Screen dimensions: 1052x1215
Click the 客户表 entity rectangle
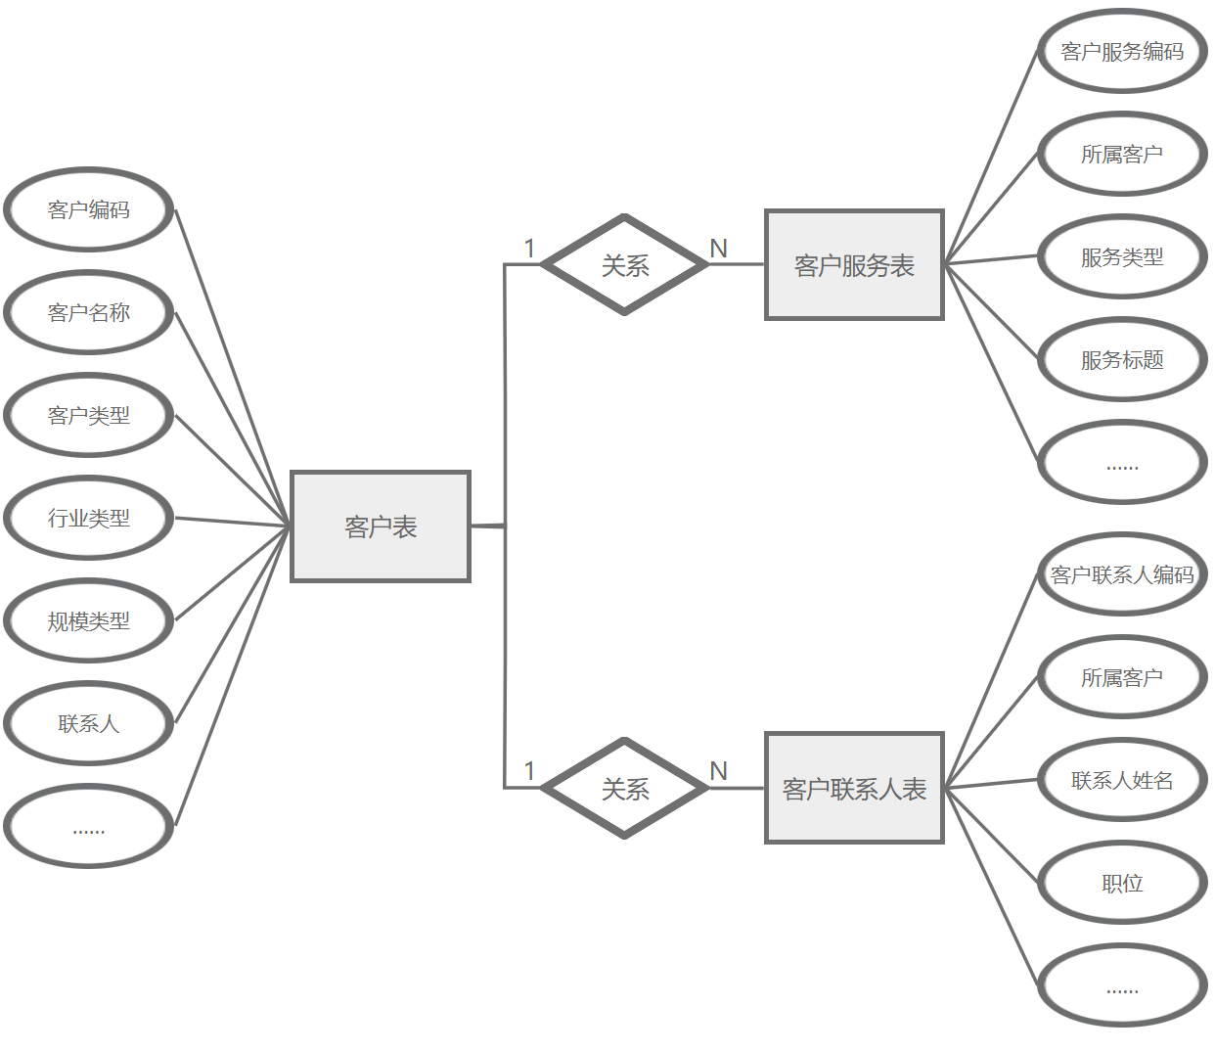pyautogui.click(x=381, y=526)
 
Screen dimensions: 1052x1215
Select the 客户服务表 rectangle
pyautogui.click(x=854, y=264)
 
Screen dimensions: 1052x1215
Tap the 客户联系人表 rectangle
pyautogui.click(x=854, y=788)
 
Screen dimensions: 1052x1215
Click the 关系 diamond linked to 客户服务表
pyautogui.click(x=625, y=264)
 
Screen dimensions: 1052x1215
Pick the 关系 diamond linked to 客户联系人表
pyautogui.click(x=625, y=788)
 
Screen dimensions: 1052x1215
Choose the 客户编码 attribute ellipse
pyautogui.click(x=89, y=209)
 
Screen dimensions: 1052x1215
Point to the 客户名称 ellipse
pyautogui.click(x=89, y=312)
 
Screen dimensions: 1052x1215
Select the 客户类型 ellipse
pyautogui.click(x=89, y=415)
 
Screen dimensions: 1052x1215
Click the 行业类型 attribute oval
pyautogui.click(x=89, y=518)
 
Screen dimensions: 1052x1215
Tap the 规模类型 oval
pyautogui.click(x=89, y=620)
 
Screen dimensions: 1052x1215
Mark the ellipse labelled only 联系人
pyautogui.click(x=89, y=723)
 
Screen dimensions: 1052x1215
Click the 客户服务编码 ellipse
pyautogui.click(x=1122, y=51)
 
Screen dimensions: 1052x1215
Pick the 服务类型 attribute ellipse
pyautogui.click(x=1122, y=256)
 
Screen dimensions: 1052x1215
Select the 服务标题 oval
pyautogui.click(x=1122, y=359)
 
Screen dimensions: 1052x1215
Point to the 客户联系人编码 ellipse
pyautogui.click(x=1122, y=574)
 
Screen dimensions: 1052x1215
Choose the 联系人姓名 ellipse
pyautogui.click(x=1122, y=780)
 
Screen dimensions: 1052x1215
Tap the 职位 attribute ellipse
pyautogui.click(x=1122, y=883)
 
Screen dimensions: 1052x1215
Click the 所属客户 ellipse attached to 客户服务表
pyautogui.click(x=1122, y=154)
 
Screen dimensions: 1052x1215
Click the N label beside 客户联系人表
pyautogui.click(x=719, y=771)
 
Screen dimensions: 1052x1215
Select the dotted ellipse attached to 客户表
pyautogui.click(x=89, y=827)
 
